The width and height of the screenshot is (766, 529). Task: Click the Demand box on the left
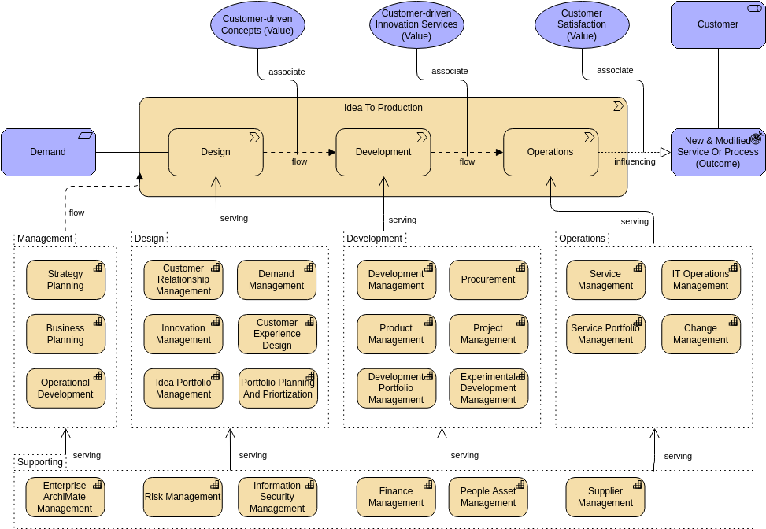click(48, 152)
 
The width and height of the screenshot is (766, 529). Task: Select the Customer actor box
click(717, 24)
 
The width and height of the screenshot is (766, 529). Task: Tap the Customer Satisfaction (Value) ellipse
click(582, 24)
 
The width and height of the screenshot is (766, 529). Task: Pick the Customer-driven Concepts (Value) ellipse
click(257, 24)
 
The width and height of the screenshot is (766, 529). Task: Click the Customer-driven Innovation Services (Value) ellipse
click(416, 24)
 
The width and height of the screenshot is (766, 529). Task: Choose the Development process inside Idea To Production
click(383, 152)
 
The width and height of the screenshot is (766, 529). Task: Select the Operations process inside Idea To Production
click(550, 152)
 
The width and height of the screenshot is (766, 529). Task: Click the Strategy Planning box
click(65, 280)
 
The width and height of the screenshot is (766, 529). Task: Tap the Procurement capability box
click(488, 279)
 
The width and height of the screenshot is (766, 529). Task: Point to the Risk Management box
click(183, 498)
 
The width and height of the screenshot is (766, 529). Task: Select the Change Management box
click(701, 335)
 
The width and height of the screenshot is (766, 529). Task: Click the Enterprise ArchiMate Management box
click(65, 498)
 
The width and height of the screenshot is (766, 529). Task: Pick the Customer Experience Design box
click(277, 335)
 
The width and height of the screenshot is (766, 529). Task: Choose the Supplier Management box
click(605, 498)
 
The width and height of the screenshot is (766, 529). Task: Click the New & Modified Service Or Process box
click(717, 152)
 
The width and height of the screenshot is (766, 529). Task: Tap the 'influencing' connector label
click(635, 162)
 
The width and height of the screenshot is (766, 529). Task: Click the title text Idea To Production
click(383, 108)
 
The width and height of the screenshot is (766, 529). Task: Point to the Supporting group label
click(40, 462)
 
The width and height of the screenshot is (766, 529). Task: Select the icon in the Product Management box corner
click(429, 321)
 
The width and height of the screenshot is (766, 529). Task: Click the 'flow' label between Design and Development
click(299, 162)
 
